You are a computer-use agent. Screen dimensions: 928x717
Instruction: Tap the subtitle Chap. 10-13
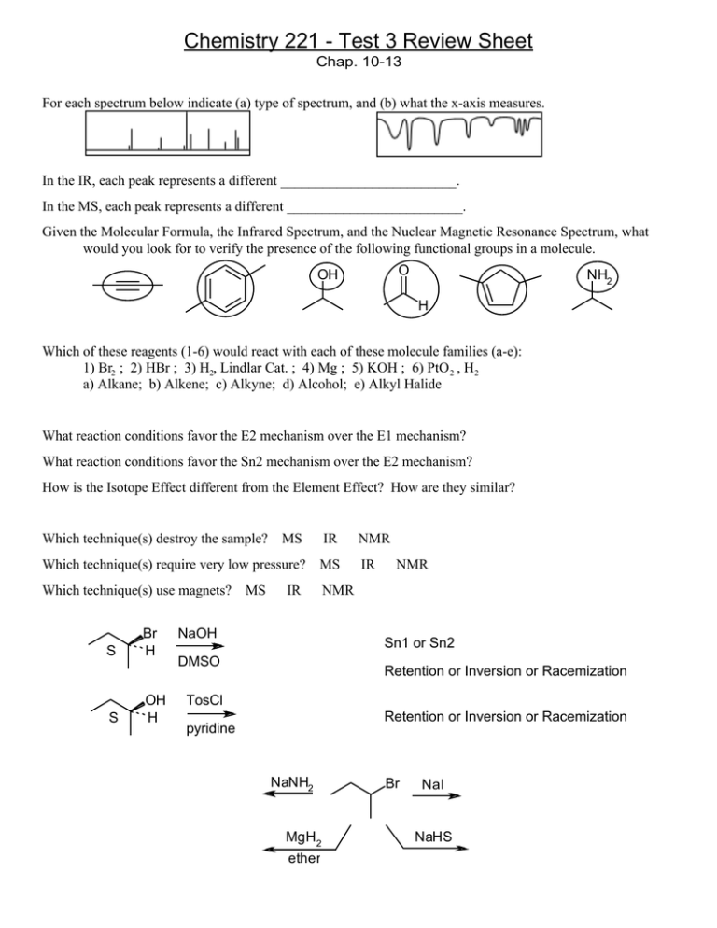[x=358, y=66]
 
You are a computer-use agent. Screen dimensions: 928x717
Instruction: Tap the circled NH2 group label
[x=589, y=276]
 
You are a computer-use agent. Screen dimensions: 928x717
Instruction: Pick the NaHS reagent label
[x=434, y=837]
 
